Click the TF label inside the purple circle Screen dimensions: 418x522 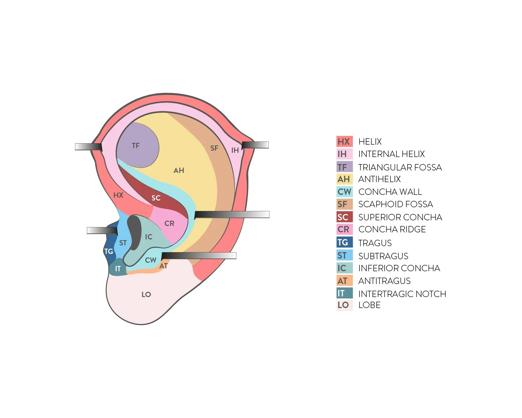[136, 146]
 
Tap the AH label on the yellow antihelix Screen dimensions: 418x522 [179, 170]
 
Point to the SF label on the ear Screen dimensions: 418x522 [214, 148]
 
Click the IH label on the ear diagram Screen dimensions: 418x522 [235, 150]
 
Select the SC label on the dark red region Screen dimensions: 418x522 [156, 198]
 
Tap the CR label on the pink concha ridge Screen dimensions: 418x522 [169, 223]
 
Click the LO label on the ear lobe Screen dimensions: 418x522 [146, 294]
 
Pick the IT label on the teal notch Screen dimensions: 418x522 [118, 269]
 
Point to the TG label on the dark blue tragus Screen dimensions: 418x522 [108, 251]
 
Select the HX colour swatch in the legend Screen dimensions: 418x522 [344, 141]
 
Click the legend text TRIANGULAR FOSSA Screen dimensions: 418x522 [400, 167]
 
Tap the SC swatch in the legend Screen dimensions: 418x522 [344, 217]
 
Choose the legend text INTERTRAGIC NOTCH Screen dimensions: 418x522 [402, 294]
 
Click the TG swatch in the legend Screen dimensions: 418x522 [344, 243]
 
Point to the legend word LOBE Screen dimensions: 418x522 [369, 305]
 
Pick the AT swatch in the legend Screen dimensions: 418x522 [344, 281]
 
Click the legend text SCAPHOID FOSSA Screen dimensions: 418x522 [395, 204]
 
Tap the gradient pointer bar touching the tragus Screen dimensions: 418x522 [102, 231]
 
